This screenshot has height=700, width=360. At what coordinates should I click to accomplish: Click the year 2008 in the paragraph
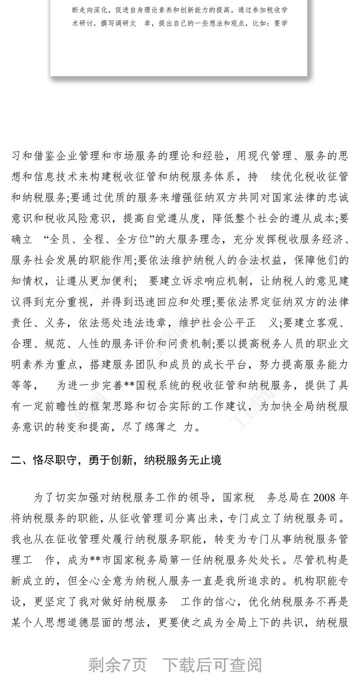[x=325, y=498]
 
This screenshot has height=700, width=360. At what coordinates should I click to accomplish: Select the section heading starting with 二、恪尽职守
[x=116, y=460]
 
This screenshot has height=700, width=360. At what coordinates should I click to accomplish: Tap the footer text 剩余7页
[x=117, y=665]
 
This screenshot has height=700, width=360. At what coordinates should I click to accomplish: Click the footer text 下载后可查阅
[x=212, y=665]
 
